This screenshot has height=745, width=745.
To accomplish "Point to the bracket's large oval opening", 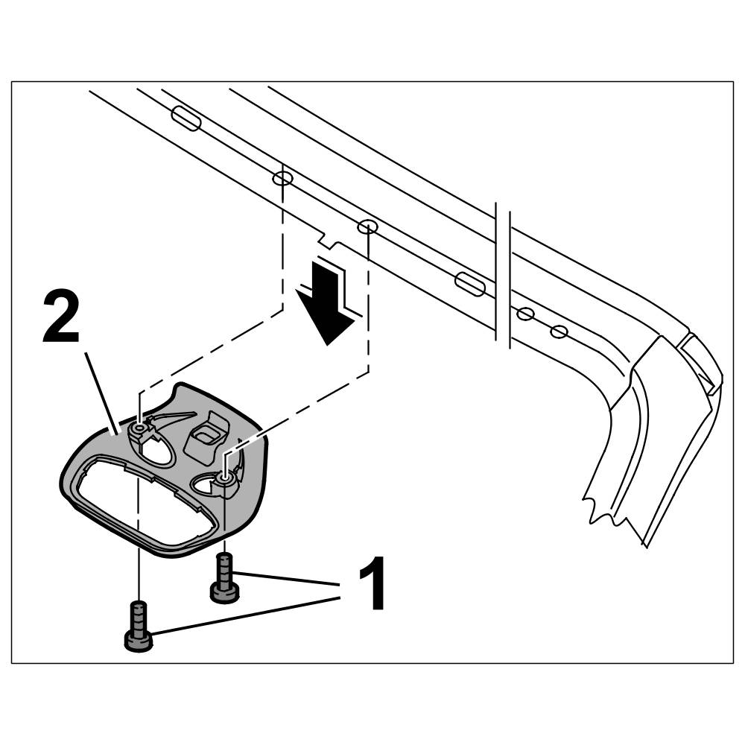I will pos(142,507).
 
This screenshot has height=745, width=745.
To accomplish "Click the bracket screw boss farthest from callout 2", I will pos(225,478).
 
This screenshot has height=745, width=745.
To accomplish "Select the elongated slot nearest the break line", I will pos(469,283).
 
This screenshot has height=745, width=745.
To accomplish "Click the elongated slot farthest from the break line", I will pos(185,118).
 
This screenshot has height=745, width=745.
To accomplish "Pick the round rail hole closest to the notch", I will pos(365,226).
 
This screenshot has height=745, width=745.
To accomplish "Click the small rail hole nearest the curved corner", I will pos(559,331).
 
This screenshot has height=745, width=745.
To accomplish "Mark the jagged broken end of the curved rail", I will pos(615,514).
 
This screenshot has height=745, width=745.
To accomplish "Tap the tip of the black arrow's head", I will pos(329,343).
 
